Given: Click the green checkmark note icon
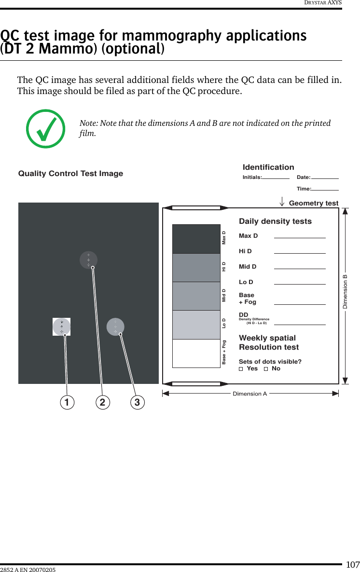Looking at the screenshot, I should pos(46,129).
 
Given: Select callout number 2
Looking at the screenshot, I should pos(102,402).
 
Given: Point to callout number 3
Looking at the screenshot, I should pos(138,402).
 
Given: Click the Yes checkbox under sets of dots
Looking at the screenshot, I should pos(241,369).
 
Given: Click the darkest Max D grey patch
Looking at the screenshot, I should pos(196,239).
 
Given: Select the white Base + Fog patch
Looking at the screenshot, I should pos(196,354).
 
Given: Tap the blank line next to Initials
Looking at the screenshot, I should pos(276,178).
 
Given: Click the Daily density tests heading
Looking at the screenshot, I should pos(275,221).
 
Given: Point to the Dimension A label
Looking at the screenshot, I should pos(249,394).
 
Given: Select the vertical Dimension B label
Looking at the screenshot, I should pos(345,292).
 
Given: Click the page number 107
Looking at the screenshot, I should pos(353,564).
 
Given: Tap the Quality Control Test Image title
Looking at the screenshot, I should pos(70,174).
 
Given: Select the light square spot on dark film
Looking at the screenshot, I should pos(62,327).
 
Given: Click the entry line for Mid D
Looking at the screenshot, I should pos(300,268).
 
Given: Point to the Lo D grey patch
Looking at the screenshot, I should pos(196,325).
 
